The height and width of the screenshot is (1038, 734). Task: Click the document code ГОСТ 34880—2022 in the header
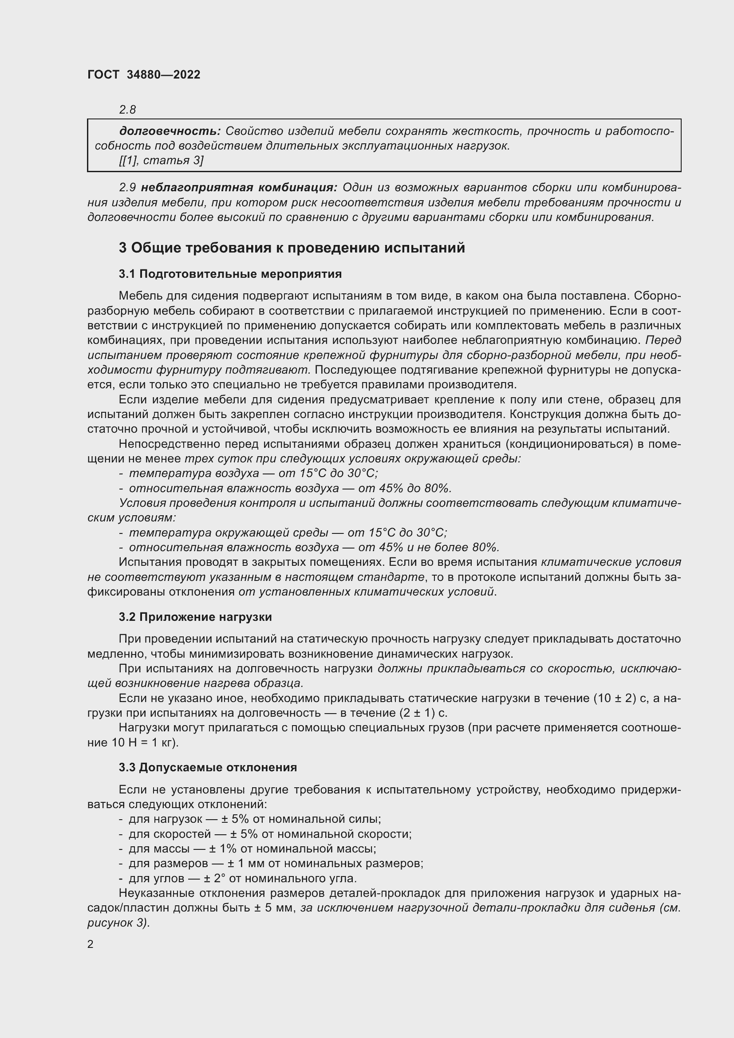point(144,75)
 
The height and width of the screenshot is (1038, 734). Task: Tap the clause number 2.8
point(127,110)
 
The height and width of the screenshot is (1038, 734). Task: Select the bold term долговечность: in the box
point(170,131)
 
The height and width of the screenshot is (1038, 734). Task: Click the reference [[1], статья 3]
point(161,160)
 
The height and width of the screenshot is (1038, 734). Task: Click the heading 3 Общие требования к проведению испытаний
point(292,248)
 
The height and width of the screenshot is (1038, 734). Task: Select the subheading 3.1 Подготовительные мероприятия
point(230,274)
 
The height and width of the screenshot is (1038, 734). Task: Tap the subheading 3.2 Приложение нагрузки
point(195,617)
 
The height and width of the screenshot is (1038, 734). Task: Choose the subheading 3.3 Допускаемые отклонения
point(208,768)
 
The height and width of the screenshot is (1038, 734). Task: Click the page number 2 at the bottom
point(91,944)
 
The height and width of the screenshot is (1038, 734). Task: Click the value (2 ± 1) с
point(423,713)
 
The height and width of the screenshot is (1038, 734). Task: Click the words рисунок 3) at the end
point(118,923)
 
